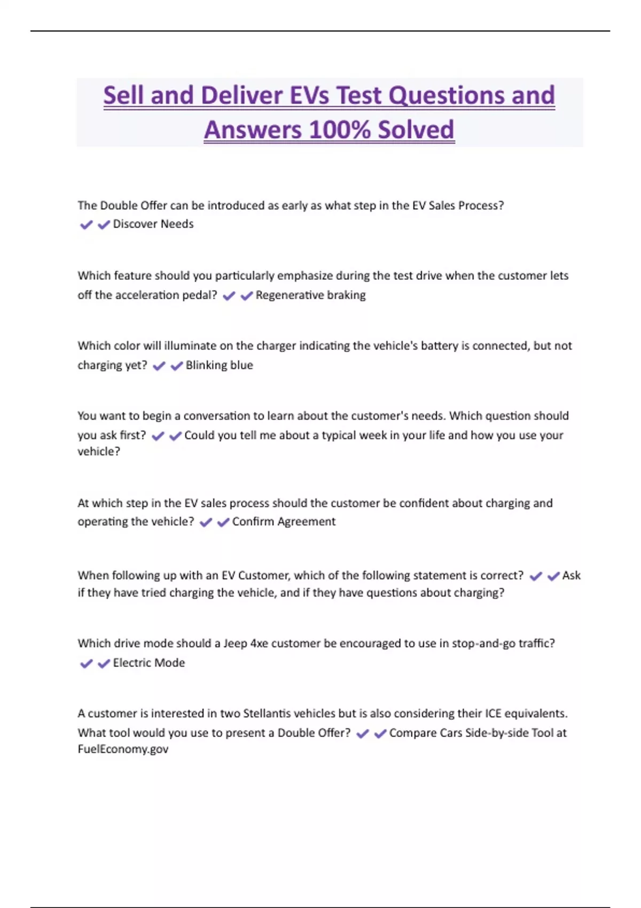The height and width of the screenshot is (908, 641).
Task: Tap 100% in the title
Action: tap(339, 130)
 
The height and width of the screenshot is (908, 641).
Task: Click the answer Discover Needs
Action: tap(153, 224)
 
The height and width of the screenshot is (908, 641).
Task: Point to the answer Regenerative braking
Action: tap(310, 295)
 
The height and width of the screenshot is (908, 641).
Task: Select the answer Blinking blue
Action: tap(219, 365)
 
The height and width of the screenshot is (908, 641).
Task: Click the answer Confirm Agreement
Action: tap(284, 522)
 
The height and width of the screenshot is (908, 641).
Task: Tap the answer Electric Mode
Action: tap(149, 663)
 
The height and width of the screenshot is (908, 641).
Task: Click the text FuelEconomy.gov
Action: tap(123, 749)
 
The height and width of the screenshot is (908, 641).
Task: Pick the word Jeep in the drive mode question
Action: tap(235, 644)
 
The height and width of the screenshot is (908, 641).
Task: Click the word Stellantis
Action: tap(267, 714)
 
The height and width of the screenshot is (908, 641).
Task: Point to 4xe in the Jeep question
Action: tap(259, 644)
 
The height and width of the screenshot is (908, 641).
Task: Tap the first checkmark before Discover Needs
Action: tap(86, 225)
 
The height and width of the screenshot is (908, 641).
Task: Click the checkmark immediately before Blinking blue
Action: tap(176, 366)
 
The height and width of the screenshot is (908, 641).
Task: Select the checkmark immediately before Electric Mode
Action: tap(104, 663)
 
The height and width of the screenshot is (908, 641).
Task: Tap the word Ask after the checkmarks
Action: tap(571, 576)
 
